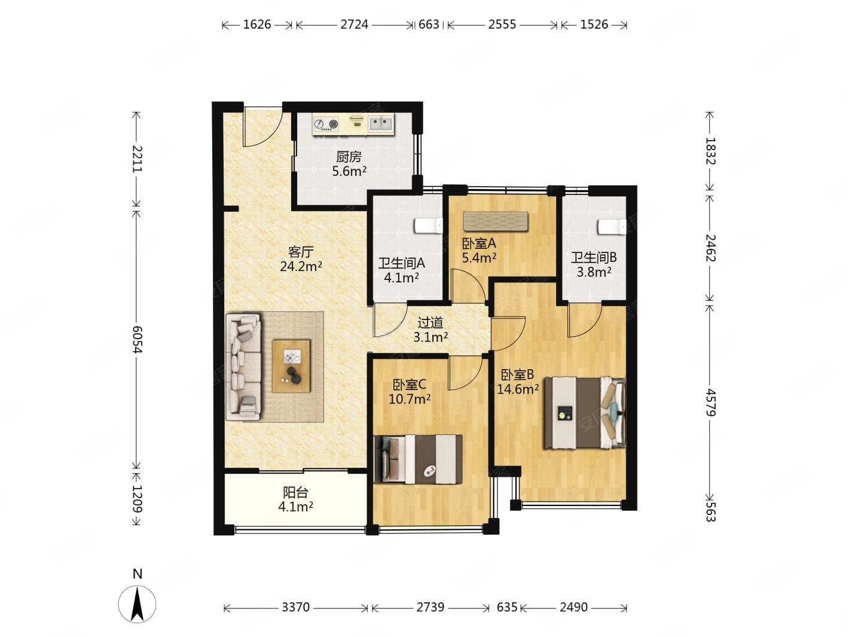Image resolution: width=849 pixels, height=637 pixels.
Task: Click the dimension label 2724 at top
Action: click(354, 25)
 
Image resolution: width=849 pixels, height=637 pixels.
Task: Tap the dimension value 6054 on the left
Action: click(137, 339)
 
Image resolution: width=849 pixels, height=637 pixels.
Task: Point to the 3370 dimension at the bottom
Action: click(295, 607)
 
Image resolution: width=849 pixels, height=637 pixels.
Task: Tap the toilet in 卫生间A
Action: click(428, 226)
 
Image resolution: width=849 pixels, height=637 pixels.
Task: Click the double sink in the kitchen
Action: click(381, 124)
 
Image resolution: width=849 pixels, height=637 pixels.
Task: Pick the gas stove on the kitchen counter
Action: click(326, 124)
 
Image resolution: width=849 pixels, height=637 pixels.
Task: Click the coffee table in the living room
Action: click(291, 366)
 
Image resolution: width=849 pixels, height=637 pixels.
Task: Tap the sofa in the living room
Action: click(243, 367)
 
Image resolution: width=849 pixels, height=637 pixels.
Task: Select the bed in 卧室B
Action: click(585, 413)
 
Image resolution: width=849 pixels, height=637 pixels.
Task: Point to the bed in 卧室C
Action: click(419, 459)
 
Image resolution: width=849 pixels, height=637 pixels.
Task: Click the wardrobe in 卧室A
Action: click(496, 221)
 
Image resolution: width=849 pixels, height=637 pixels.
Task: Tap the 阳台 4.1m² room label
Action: click(295, 499)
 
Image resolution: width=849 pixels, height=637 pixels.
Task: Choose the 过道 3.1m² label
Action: click(430, 330)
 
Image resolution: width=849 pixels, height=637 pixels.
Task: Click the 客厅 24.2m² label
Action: click(301, 259)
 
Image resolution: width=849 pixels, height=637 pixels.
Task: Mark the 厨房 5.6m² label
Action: click(349, 164)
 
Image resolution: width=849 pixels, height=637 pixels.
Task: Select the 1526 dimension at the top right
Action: click(594, 25)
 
